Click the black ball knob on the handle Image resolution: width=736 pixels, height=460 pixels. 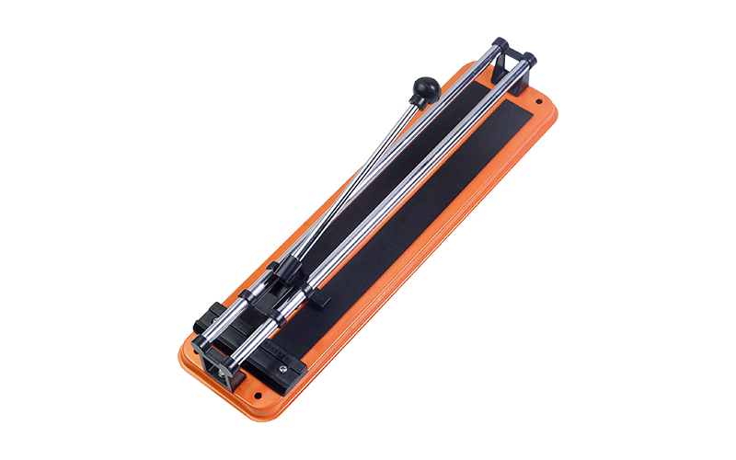click(426, 87)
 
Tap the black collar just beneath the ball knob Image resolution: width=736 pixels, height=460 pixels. click(417, 103)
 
